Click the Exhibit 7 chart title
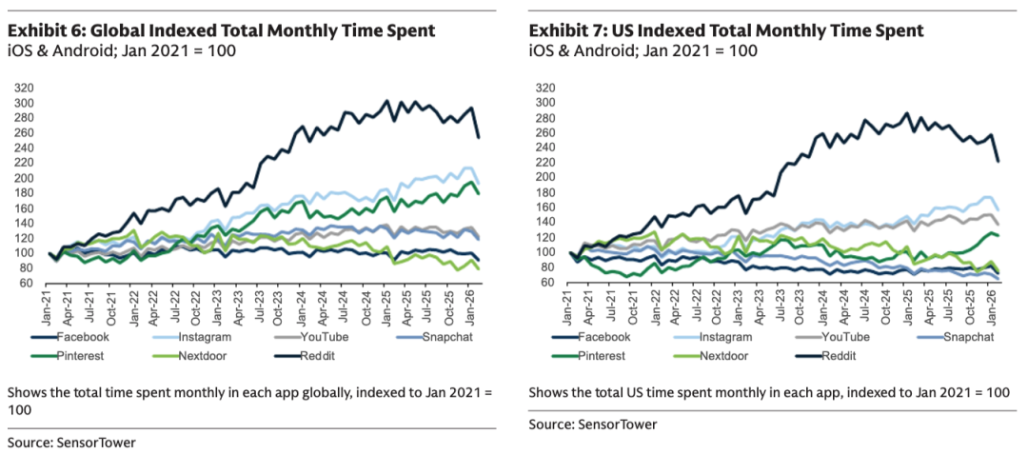click(726, 30)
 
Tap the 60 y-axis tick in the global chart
click(28, 284)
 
